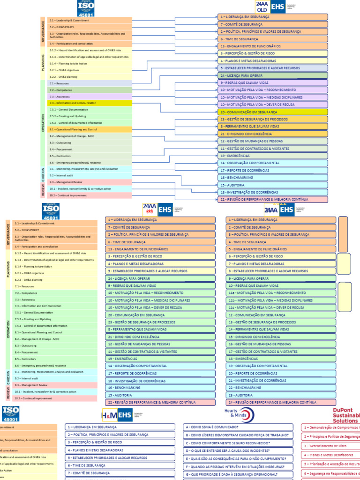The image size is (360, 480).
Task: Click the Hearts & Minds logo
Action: point(239,414)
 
